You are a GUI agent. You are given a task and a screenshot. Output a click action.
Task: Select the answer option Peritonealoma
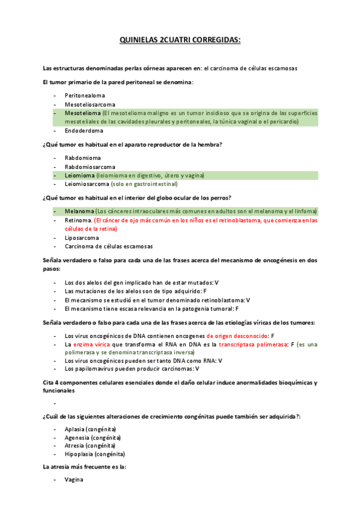coord(85,95)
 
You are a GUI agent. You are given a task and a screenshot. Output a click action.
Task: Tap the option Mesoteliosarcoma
coord(90,104)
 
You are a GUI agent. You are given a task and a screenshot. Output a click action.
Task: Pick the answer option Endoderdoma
coord(84,131)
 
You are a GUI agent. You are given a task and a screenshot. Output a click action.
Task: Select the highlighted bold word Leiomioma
coord(79,175)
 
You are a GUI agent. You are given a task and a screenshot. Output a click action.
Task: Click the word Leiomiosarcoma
coord(87,184)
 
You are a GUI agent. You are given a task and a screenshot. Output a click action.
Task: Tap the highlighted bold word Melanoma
coord(79,211)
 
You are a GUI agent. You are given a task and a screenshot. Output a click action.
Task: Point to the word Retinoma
coord(78,220)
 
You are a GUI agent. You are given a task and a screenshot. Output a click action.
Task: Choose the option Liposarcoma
coord(82,238)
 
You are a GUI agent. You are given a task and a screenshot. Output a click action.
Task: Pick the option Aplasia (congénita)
coord(90,429)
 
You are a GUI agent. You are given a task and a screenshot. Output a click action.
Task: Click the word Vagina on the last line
coord(74,479)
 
